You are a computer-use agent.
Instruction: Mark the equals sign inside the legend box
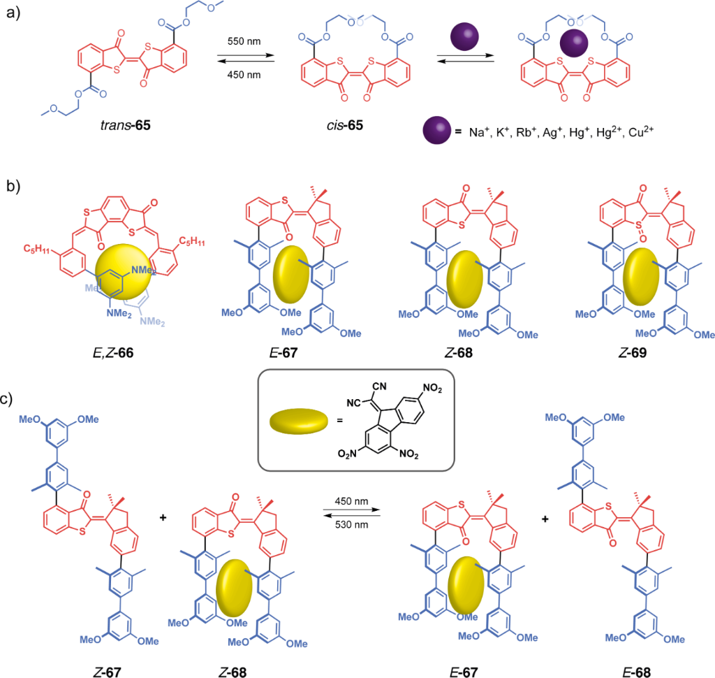click(x=329, y=424)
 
